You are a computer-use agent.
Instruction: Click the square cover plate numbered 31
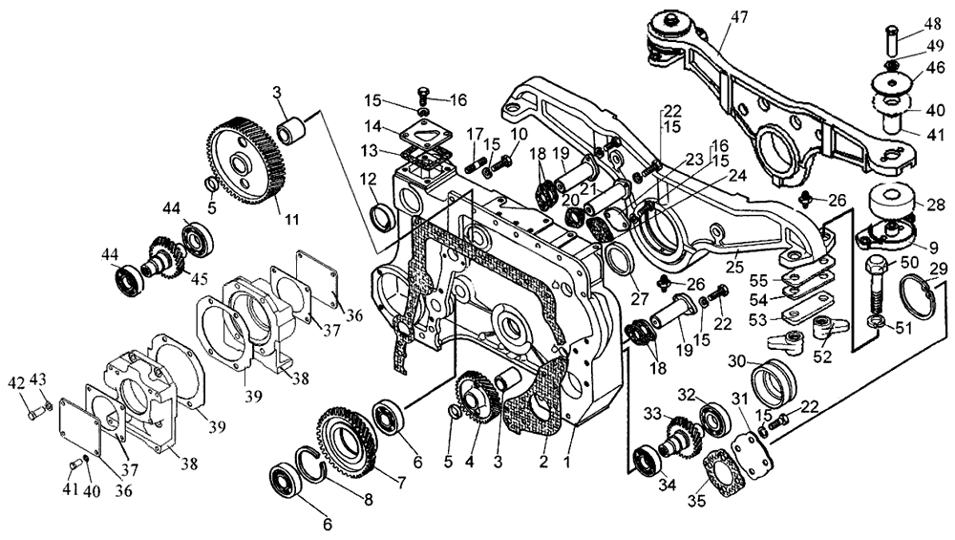tap(750, 456)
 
